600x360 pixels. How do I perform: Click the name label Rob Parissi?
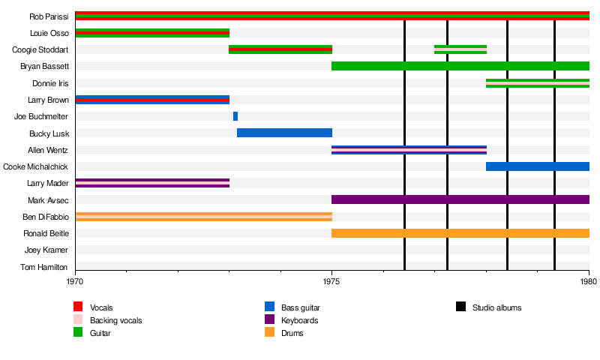[x=49, y=16]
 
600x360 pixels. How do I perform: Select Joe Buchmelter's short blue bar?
[x=235, y=116]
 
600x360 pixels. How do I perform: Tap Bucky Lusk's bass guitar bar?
[x=284, y=133]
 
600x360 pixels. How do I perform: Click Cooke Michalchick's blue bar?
[x=537, y=166]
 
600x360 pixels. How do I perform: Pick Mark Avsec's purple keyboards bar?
[x=460, y=199]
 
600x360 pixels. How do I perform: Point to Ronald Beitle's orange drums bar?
[x=460, y=233]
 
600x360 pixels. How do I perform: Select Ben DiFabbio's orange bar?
[x=203, y=217]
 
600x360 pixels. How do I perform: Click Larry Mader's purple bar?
[x=152, y=183]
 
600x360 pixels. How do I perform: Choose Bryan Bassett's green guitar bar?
[x=460, y=66]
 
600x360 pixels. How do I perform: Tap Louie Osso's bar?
[x=152, y=33]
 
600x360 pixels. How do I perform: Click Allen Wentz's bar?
[x=409, y=150]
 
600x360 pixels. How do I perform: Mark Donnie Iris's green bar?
[x=537, y=82]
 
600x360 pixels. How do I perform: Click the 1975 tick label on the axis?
[x=331, y=282]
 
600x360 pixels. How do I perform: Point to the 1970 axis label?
[x=75, y=282]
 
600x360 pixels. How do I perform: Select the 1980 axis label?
[x=588, y=282]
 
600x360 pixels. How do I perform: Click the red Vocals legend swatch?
[x=78, y=307]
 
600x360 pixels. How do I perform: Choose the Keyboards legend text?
[x=299, y=320]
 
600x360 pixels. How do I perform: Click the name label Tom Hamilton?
[x=43, y=267]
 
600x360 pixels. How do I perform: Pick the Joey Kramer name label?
[x=46, y=250]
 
